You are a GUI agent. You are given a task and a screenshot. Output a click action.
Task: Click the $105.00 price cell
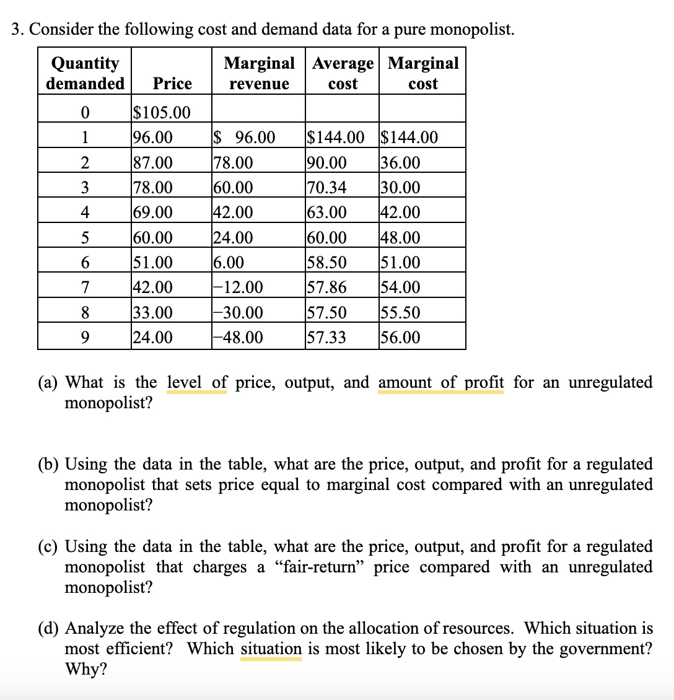click(162, 113)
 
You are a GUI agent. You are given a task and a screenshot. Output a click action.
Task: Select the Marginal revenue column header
click(259, 73)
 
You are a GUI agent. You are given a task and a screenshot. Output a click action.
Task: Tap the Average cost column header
click(343, 73)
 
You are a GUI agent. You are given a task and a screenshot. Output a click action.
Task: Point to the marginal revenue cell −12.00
click(237, 287)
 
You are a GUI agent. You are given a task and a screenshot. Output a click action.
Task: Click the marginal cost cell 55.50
click(401, 313)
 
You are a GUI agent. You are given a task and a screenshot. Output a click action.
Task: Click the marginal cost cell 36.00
click(401, 163)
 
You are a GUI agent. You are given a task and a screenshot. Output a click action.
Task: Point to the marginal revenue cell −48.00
click(237, 338)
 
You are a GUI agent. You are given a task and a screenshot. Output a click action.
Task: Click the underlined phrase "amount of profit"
click(440, 382)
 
